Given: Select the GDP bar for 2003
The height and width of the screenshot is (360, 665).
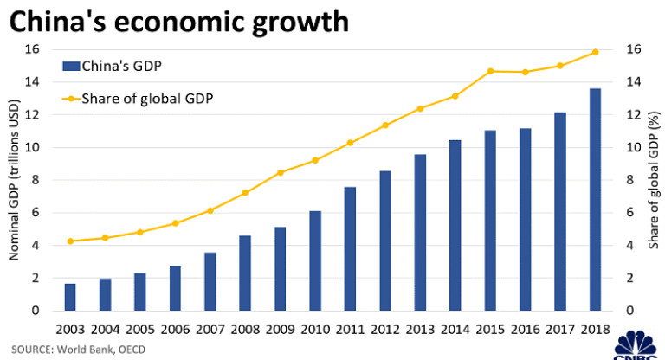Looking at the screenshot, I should click(70, 297).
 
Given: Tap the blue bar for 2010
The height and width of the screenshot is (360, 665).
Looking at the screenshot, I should click(315, 260).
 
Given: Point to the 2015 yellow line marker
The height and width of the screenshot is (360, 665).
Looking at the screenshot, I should click(490, 71).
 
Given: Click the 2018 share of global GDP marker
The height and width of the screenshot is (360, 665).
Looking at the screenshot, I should click(595, 52).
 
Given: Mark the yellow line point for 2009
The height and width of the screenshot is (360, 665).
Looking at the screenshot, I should click(280, 172).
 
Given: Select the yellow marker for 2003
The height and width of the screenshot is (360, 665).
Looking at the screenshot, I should click(70, 241).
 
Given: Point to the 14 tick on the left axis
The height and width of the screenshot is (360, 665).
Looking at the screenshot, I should click(33, 82).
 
